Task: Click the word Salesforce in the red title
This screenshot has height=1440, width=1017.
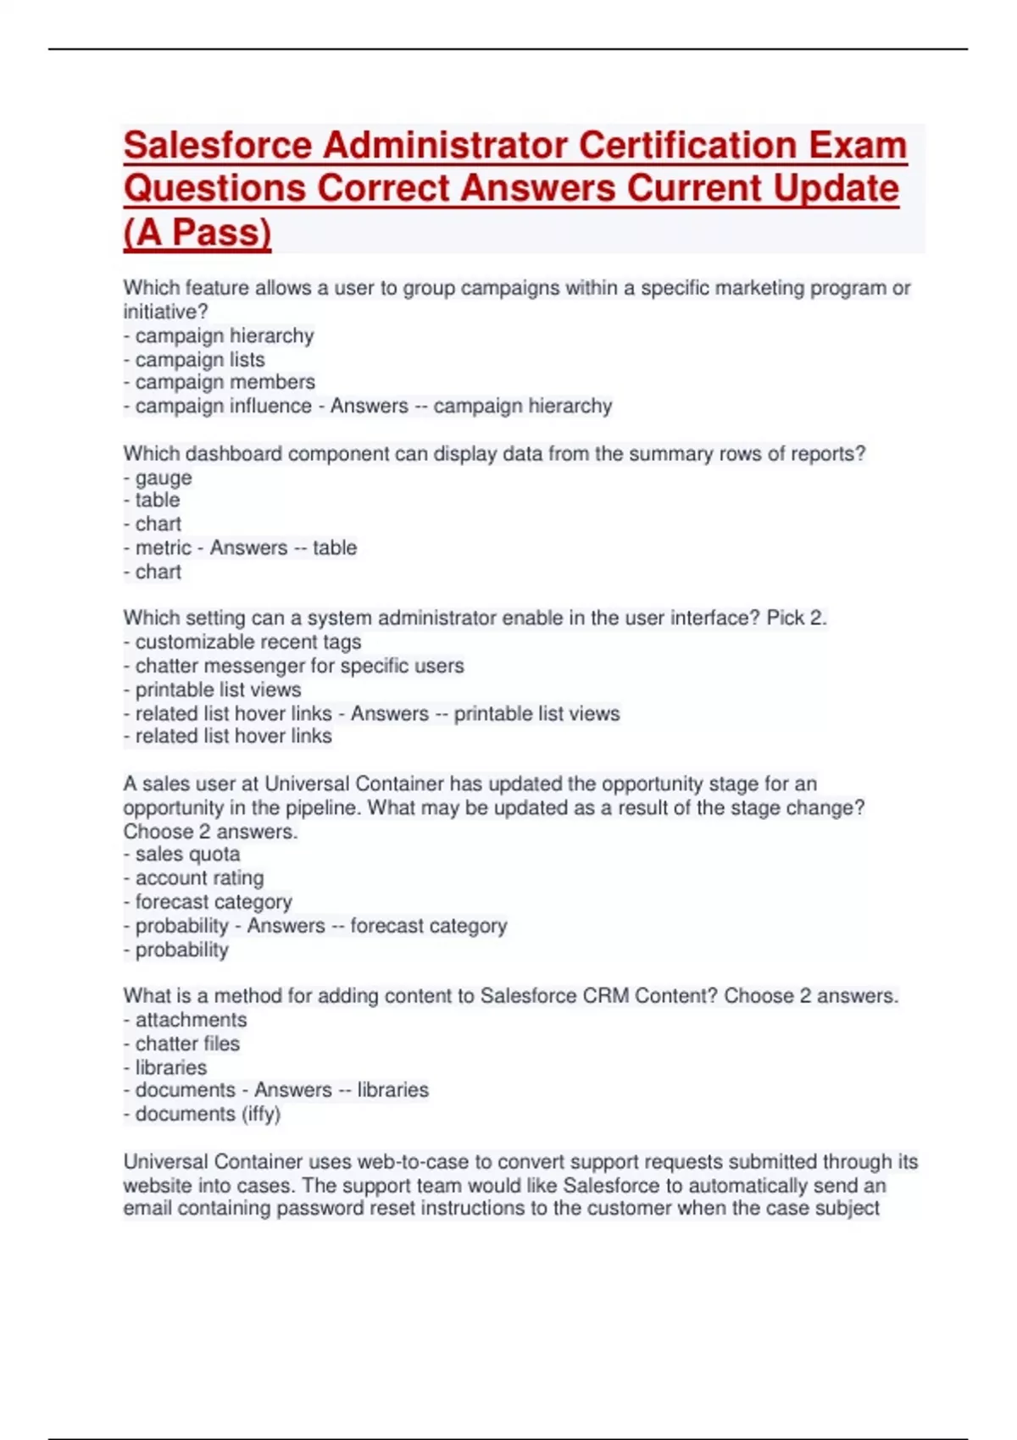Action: [218, 145]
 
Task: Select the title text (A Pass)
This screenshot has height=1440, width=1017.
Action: [197, 232]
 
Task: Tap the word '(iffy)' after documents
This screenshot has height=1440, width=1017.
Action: [261, 1114]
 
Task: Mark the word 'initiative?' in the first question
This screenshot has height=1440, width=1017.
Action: [165, 312]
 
